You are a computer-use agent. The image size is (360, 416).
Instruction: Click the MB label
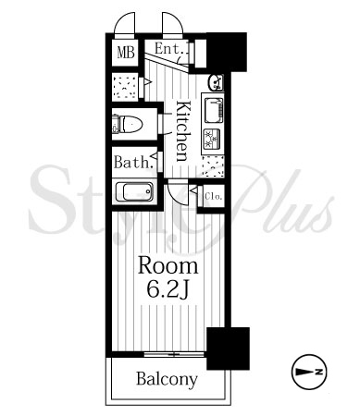(126, 52)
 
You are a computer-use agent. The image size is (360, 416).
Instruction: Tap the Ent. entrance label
(170, 49)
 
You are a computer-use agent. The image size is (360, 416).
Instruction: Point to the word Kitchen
(183, 131)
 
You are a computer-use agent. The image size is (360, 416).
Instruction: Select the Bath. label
(133, 162)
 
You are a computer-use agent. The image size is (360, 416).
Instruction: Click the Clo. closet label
(214, 196)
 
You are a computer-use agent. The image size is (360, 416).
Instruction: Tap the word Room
(168, 265)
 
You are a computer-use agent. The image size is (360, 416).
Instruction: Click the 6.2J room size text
(168, 289)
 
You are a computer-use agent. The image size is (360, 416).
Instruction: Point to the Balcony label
(167, 379)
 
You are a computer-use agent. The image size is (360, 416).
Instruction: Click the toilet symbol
(128, 125)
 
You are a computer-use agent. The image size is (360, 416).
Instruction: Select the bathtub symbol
(134, 191)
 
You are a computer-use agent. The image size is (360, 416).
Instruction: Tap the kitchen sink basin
(213, 110)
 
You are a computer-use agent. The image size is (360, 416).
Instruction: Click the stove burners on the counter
(212, 139)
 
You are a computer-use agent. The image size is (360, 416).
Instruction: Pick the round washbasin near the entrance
(216, 82)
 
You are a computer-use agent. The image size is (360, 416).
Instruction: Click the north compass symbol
(309, 372)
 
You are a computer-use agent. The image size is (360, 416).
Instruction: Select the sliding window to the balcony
(174, 355)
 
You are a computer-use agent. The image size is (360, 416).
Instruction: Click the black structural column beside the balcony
(228, 349)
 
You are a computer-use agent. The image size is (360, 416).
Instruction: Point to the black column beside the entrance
(227, 52)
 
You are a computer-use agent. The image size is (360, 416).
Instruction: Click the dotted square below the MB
(124, 87)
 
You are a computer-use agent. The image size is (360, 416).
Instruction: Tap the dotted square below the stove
(213, 166)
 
